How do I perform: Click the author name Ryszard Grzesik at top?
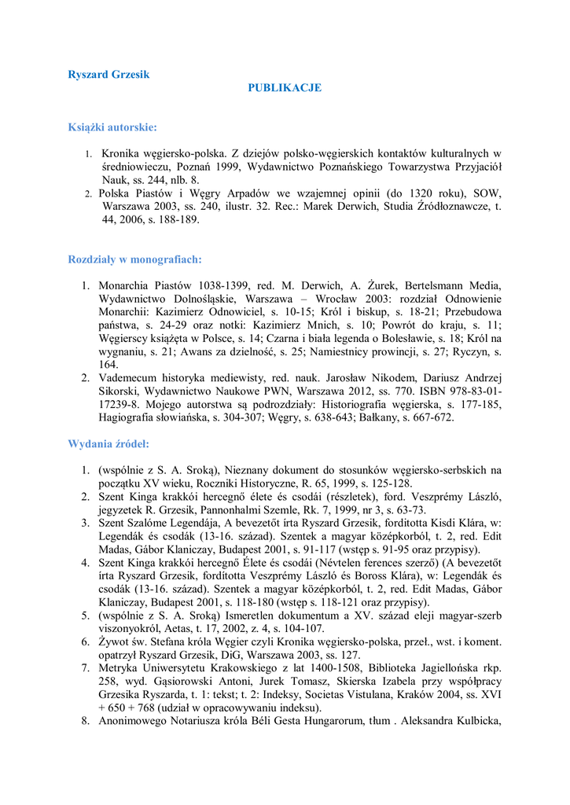click(x=108, y=75)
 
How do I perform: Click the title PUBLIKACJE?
click(x=285, y=88)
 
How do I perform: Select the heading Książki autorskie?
click(x=112, y=127)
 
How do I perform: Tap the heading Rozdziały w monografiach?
click(x=134, y=259)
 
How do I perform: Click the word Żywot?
click(x=116, y=642)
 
